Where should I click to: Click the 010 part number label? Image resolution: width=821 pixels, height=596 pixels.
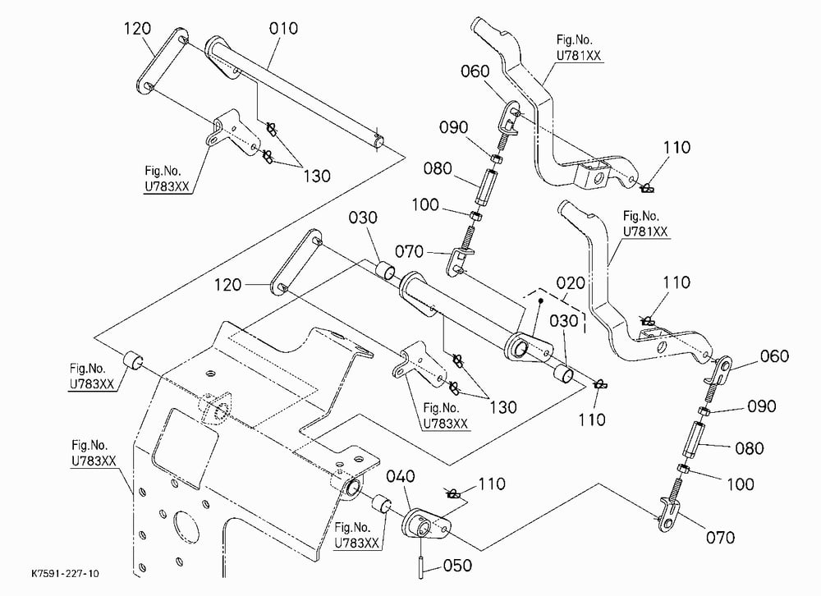click(x=283, y=28)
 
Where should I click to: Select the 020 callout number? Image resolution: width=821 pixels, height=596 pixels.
click(x=571, y=283)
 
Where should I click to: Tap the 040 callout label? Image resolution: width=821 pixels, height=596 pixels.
click(x=401, y=477)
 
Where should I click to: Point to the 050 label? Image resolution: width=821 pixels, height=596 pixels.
click(x=457, y=566)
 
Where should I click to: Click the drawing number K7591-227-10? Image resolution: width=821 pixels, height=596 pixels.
click(x=64, y=574)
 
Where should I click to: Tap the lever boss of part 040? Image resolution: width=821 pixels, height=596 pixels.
click(x=425, y=524)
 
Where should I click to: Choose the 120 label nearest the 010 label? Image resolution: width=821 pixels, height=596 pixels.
click(x=137, y=28)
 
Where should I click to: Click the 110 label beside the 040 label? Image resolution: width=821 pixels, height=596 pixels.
click(x=491, y=484)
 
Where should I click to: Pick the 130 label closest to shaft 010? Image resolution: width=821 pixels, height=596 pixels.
click(x=316, y=176)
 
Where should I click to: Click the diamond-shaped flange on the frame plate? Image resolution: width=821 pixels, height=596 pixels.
click(x=213, y=406)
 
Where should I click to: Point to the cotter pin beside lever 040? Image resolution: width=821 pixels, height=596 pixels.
click(x=452, y=493)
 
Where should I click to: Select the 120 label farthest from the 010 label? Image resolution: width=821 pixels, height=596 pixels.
click(x=227, y=285)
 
